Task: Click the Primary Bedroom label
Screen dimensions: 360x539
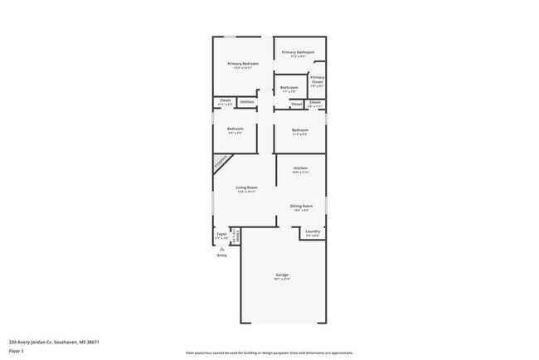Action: [x=244, y=64]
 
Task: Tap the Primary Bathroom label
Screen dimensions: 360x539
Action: [x=299, y=53]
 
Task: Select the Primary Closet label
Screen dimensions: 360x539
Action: [x=317, y=80]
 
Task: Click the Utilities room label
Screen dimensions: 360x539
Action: [x=246, y=101]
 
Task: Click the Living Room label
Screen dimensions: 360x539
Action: [x=246, y=188]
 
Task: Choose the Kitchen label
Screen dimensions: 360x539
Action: [x=300, y=169]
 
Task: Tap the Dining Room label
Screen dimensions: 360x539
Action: [x=300, y=206]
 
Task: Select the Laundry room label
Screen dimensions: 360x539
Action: [x=312, y=232]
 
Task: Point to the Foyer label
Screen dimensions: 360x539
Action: [x=221, y=235]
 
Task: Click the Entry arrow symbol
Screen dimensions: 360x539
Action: [x=221, y=248]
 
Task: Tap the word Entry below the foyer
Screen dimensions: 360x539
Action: [x=221, y=255]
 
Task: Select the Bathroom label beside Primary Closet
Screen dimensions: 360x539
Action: [x=289, y=88]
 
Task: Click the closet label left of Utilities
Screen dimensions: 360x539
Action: [x=225, y=101]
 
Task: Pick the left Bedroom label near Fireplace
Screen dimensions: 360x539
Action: [x=235, y=129]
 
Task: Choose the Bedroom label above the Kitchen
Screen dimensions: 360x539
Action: [x=299, y=130]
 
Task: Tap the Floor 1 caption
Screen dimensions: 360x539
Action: [x=16, y=351]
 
